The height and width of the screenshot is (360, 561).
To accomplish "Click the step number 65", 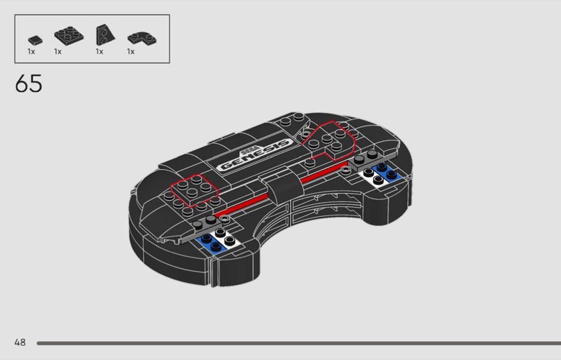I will tap(28, 84).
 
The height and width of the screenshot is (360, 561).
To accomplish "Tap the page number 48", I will tap(20, 342).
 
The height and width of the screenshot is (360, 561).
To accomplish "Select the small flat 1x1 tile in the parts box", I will tap(32, 40).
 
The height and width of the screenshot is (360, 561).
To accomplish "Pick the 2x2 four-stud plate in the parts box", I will tap(67, 33).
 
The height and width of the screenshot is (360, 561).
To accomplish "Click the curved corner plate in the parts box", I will tap(138, 37).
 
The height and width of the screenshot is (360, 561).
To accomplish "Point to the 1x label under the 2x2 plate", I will tap(58, 51).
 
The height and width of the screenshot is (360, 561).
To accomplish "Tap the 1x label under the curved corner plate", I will tap(130, 51).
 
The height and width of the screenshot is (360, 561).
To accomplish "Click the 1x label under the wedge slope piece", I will tap(100, 51).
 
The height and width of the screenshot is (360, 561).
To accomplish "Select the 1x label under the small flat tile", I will tap(31, 51).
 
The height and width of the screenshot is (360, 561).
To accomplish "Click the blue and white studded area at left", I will tap(217, 240).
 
